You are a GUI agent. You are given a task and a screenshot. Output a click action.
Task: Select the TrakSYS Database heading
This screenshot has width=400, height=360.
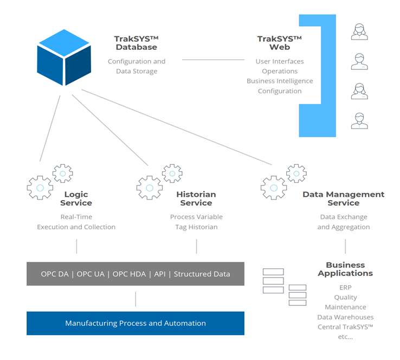pos(136,43)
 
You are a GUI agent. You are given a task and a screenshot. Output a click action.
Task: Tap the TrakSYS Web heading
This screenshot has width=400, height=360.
pos(280,43)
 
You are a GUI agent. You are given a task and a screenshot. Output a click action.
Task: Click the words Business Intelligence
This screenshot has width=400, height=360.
pos(280,81)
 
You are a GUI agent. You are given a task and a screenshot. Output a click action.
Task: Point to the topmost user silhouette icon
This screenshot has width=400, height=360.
pos(359,31)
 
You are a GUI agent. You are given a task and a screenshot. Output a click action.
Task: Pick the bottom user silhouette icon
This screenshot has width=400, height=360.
pos(359,121)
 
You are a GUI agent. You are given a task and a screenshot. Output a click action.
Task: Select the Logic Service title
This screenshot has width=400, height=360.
pos(76,198)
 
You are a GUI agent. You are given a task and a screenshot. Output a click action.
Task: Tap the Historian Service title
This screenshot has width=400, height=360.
pos(196,198)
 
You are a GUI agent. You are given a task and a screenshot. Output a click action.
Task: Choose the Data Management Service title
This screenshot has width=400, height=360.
pos(344,198)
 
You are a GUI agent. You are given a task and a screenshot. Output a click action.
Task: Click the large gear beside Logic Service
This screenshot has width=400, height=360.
pos(40,187)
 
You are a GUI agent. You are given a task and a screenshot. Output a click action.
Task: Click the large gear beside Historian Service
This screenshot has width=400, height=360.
pos(150,187)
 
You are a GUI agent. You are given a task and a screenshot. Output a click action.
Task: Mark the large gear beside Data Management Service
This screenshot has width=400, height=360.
pos(274,187)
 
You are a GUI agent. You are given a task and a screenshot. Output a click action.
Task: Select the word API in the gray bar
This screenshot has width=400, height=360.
pos(160,274)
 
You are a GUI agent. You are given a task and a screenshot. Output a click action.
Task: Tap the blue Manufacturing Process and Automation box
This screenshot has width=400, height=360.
pos(136,323)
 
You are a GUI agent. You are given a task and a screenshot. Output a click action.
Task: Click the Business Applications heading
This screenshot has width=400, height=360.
pos(345,269)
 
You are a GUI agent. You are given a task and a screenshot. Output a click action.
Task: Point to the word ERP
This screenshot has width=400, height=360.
pos(345,287)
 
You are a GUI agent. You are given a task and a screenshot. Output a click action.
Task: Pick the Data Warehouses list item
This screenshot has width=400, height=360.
pos(345,317)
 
